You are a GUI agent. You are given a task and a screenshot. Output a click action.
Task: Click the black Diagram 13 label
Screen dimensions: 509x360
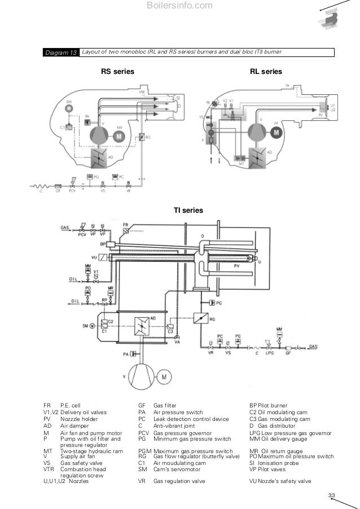(x=61, y=52)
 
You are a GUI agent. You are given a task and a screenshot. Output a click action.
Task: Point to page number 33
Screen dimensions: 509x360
(x=332, y=496)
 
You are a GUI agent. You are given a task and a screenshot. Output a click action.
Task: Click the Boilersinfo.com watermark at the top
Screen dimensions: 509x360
(x=179, y=6)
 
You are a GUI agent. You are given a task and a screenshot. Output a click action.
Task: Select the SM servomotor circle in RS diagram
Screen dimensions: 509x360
(x=69, y=108)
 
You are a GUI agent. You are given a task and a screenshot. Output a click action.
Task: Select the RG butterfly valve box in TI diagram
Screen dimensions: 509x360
(x=201, y=319)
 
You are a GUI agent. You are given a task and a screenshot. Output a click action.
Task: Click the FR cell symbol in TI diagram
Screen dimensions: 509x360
(x=125, y=230)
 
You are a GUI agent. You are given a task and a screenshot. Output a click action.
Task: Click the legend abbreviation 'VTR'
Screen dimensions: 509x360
(x=49, y=468)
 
